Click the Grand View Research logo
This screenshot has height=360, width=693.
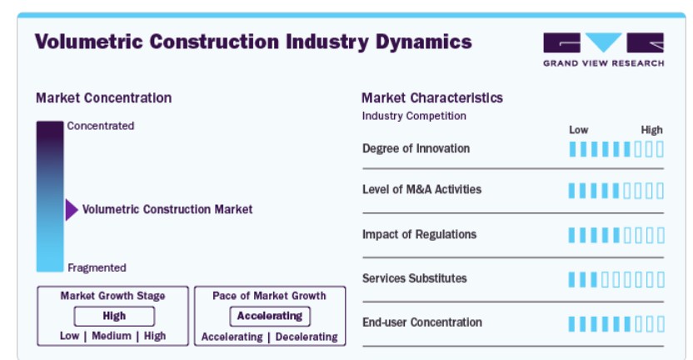pos(603,49)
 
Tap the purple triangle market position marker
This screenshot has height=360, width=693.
pos(72,210)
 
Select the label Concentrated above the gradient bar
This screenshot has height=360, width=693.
pos(100,126)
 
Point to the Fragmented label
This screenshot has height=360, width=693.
pos(97,267)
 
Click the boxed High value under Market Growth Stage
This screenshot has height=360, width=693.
pos(114,316)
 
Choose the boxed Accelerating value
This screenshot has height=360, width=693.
pos(270,316)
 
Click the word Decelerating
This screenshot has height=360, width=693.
pos(307,337)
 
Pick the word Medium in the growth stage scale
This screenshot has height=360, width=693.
pos(112,336)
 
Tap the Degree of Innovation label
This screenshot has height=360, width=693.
pos(416,148)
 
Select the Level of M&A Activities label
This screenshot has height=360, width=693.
pos(421,189)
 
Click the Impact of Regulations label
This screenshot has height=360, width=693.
pos(419,234)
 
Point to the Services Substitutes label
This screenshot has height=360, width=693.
pos(414,278)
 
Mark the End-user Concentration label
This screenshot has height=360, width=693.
pos(422,322)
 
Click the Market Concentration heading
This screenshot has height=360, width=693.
pos(103,97)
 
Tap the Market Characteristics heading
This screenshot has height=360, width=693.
pos(431,97)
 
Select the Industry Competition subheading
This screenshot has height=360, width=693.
pos(414,116)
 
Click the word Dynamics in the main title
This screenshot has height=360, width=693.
pos(423,42)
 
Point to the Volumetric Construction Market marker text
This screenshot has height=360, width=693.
pos(167,209)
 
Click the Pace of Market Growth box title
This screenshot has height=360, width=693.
pos(269,296)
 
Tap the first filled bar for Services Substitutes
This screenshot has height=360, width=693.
pos(572,279)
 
